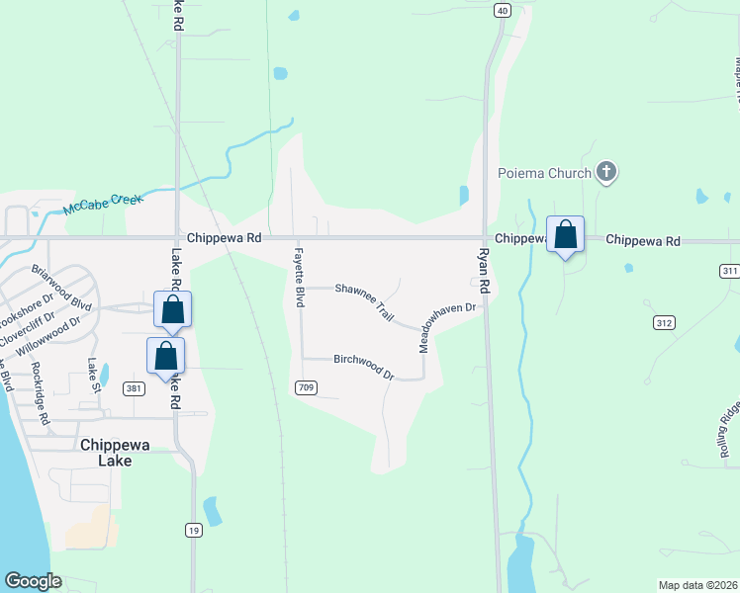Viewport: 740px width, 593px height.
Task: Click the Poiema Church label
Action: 544,173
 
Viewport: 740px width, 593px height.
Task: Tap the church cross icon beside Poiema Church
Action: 607,173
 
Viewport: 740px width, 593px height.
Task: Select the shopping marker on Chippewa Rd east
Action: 565,236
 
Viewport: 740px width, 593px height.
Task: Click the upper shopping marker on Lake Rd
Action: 172,309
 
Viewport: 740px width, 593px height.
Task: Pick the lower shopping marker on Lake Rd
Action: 165,356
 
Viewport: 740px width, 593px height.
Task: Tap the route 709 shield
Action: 306,388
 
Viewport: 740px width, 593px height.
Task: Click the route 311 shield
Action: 729,270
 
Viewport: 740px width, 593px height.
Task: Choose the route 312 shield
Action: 663,322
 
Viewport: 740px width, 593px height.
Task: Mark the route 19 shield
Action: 194,531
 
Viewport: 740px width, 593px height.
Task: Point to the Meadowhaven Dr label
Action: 447,327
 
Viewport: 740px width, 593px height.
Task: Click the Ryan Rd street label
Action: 485,269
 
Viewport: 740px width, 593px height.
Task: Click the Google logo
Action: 33,581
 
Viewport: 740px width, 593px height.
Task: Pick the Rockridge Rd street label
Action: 40,393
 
